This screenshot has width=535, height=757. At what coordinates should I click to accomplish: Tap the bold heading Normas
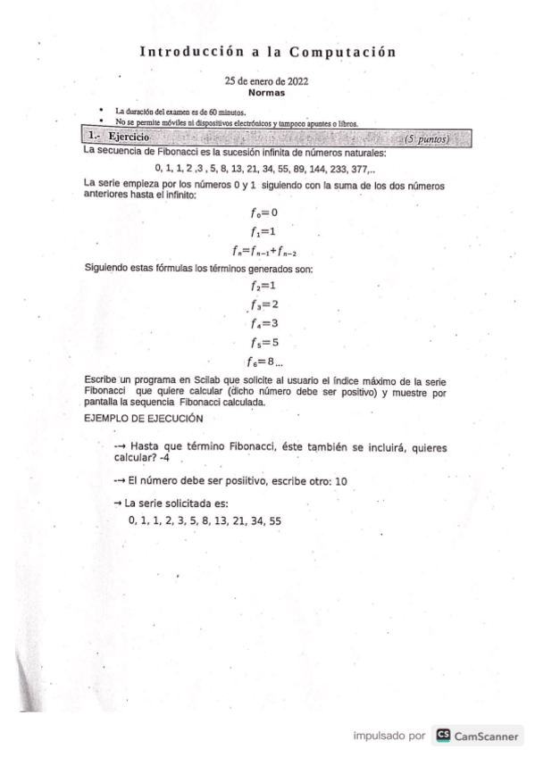266,92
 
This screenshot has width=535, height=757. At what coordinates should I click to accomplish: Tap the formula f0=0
265,212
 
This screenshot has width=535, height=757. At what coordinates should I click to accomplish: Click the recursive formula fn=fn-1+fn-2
264,252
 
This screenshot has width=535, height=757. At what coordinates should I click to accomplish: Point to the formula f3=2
265,304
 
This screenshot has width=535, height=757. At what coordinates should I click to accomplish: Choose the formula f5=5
265,343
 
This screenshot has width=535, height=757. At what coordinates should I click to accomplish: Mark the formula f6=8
263,362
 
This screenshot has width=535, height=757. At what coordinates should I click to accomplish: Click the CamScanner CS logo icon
442,736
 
